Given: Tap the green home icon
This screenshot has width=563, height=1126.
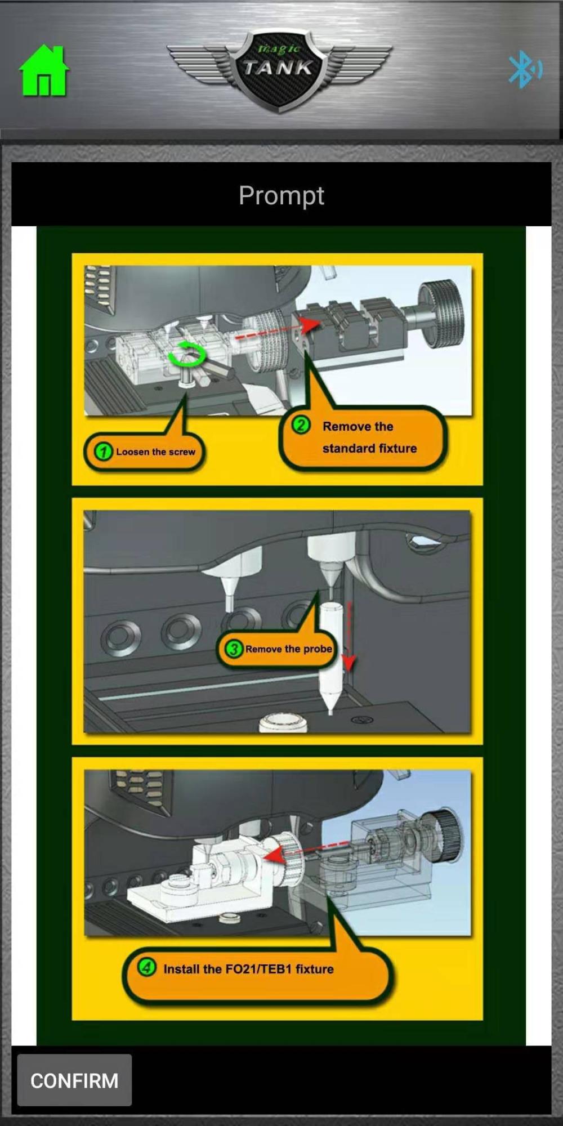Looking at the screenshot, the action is click(44, 70).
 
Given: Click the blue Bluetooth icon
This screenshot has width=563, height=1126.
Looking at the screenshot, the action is click(525, 69).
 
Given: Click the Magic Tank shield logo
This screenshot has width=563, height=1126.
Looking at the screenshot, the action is click(279, 70).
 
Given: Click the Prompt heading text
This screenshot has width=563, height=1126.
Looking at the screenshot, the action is click(281, 196).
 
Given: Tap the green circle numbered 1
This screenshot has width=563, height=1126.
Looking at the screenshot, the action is click(103, 452).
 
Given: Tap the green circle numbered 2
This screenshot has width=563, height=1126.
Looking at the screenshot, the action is click(301, 425).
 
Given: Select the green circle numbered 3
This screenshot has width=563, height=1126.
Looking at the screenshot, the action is click(233, 649).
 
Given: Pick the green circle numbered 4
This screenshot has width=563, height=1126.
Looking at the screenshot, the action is click(147, 968).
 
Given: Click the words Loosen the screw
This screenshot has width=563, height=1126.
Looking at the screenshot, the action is click(155, 452).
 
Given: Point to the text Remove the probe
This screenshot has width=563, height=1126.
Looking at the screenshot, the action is click(288, 649).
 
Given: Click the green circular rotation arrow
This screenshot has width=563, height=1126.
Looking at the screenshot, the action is click(187, 354).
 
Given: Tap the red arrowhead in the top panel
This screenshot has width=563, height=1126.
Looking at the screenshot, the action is click(310, 324).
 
